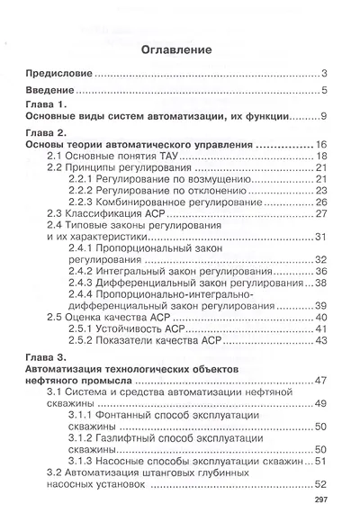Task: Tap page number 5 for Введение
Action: tap(323, 91)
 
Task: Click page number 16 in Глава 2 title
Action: tap(319, 145)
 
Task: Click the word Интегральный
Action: tap(139, 271)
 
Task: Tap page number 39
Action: tap(320, 306)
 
